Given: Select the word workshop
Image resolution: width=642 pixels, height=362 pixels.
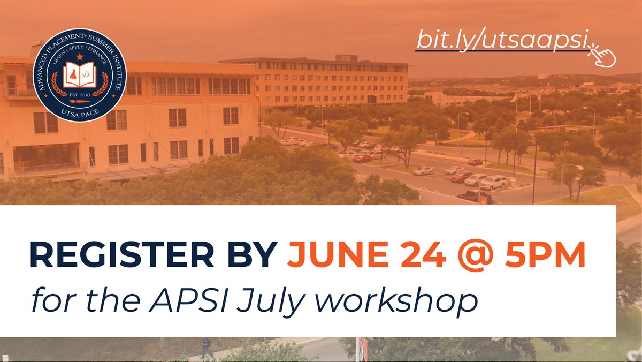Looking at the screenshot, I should [391, 300].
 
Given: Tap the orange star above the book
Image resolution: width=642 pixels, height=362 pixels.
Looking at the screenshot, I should [79, 56].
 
